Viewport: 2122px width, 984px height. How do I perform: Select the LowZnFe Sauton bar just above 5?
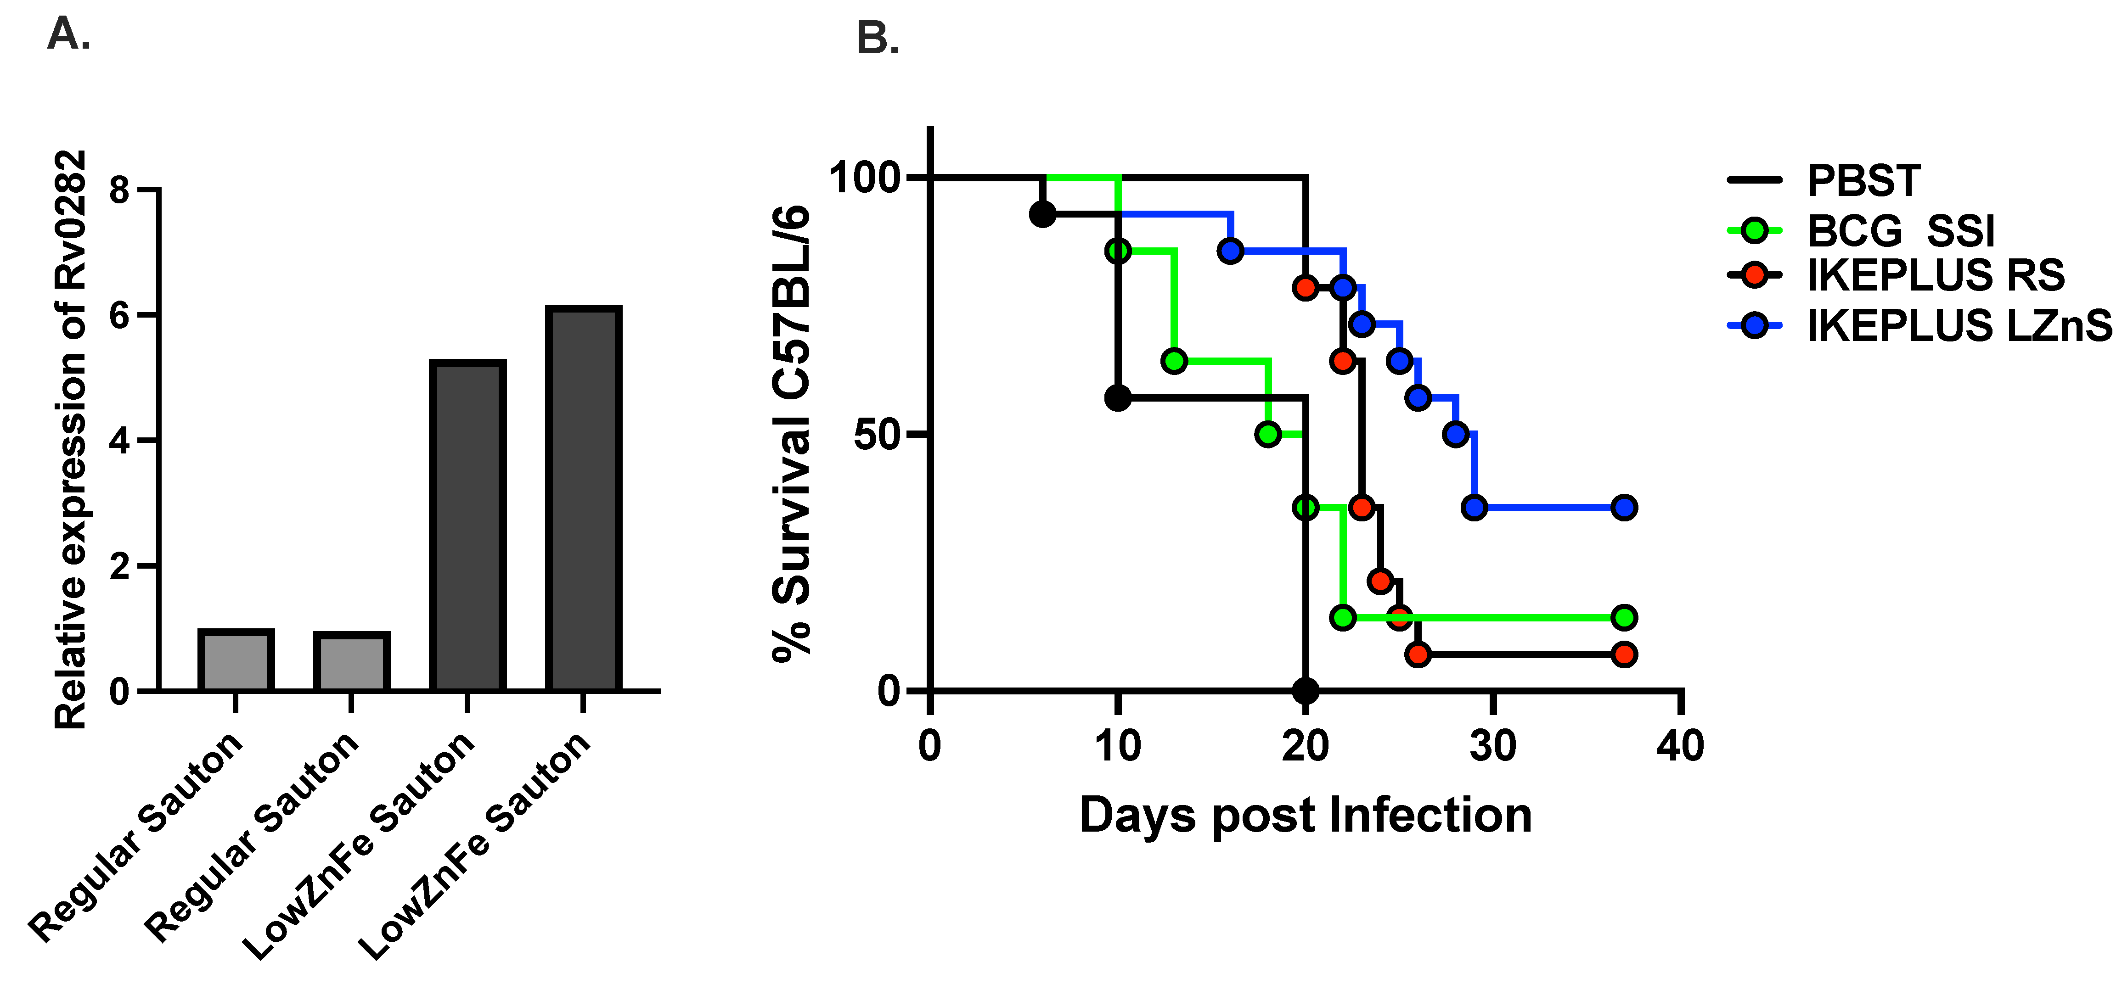coord(467,526)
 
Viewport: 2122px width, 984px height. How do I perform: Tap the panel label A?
coord(68,34)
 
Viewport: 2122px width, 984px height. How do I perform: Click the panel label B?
coord(877,38)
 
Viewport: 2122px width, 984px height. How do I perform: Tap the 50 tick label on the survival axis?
coord(876,434)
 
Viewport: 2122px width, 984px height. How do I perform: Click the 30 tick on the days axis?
coord(1492,746)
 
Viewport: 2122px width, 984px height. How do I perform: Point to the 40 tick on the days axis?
coord(1680,746)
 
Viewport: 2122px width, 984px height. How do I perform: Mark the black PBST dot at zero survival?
coord(1305,690)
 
